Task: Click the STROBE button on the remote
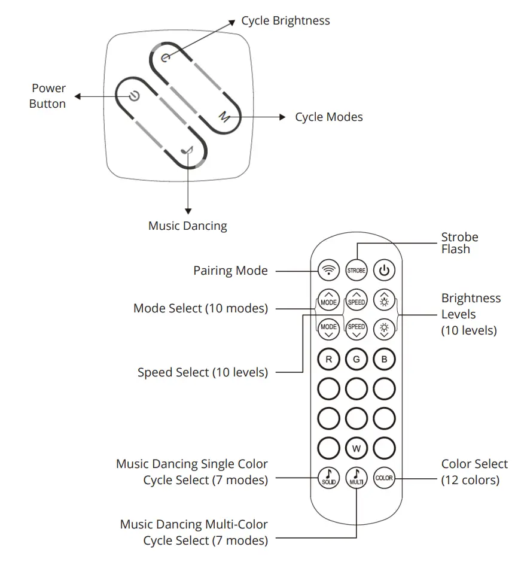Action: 356,271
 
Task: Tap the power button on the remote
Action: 384,271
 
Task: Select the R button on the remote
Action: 328,360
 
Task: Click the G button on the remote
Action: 356,360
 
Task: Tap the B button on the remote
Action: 384,360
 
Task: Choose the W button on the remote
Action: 356,448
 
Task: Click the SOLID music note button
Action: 328,478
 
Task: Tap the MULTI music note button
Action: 356,478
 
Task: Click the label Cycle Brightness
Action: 285,21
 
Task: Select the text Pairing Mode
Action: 230,271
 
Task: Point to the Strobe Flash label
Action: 459,243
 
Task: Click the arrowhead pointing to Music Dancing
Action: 188,211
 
